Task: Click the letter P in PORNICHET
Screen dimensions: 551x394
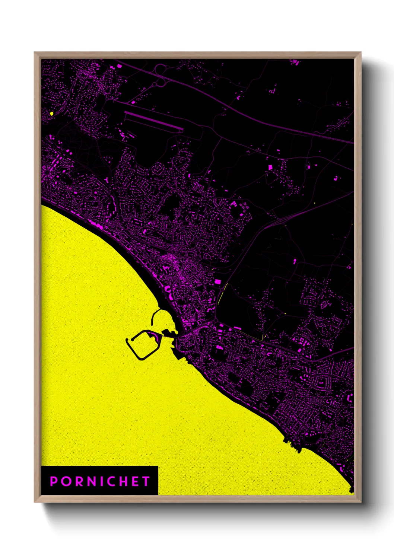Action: click(54, 481)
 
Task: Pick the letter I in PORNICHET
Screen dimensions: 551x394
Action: click(102, 481)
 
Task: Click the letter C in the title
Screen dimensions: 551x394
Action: click(112, 481)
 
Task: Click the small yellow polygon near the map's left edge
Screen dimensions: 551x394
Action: click(51, 113)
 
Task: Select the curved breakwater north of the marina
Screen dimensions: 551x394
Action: click(154, 317)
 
